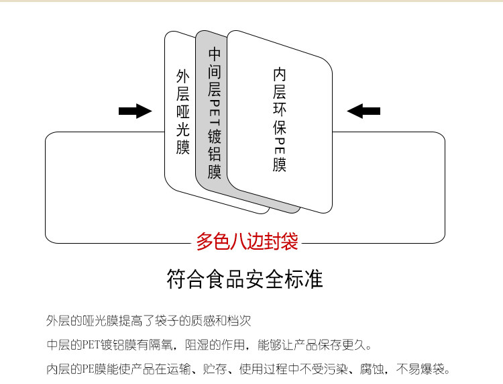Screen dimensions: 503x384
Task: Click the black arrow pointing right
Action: (x=135, y=111)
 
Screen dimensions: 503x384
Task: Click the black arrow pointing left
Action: (x=364, y=111)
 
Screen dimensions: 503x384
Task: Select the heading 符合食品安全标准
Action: (x=245, y=279)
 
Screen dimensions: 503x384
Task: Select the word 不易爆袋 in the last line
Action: (x=422, y=369)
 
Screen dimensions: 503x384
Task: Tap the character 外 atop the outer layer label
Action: (x=182, y=75)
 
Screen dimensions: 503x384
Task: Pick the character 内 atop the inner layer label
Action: (x=280, y=74)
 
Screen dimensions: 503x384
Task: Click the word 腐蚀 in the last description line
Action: (x=370, y=369)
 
